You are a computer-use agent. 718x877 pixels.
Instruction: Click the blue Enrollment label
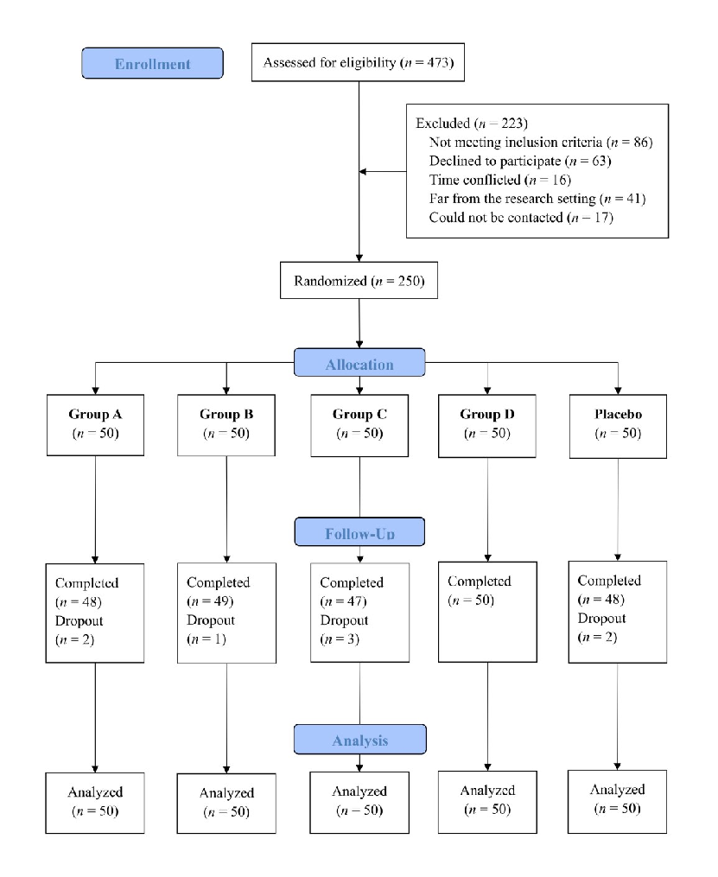pos(152,63)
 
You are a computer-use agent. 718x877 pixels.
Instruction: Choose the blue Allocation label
pos(359,364)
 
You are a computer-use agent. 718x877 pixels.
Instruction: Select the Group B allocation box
pos(226,423)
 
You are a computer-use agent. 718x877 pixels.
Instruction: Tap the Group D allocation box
pos(488,423)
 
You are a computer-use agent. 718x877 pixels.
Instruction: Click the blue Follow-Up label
pos(359,533)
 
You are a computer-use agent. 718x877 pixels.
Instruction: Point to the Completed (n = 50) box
pos(488,612)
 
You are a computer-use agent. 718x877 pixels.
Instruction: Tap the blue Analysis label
pos(359,740)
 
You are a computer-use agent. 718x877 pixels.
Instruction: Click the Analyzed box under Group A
pos(94,803)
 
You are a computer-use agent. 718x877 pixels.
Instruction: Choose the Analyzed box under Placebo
pos(619,799)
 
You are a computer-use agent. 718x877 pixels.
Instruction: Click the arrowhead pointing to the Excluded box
pos(365,170)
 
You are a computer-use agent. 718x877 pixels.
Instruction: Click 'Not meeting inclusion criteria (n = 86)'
pos(539,142)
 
